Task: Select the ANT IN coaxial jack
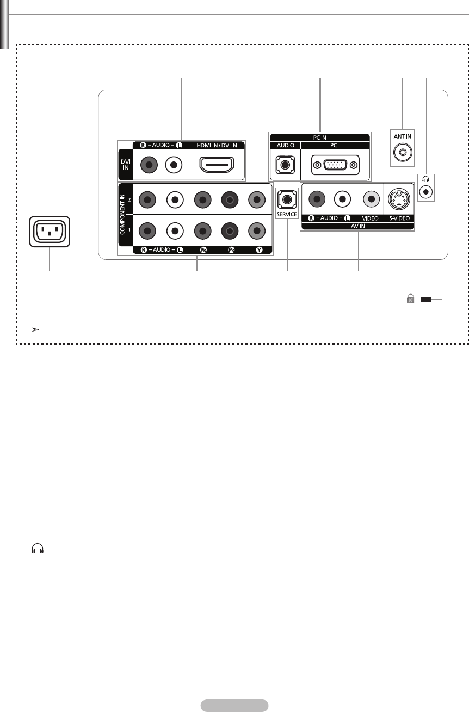[402, 153]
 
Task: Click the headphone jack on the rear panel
[427, 191]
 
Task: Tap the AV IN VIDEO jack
[371, 199]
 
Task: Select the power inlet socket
[50, 233]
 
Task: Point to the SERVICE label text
[286, 215]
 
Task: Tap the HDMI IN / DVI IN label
[217, 145]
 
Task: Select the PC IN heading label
[319, 138]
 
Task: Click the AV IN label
[357, 225]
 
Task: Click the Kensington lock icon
[411, 299]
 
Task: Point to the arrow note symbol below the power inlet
[35, 330]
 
